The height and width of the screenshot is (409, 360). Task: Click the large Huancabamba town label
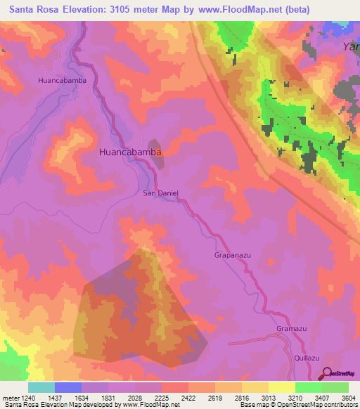coord(131,152)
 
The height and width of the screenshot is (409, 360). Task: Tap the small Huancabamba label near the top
coord(62,80)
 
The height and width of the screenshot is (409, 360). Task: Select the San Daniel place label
coord(161,193)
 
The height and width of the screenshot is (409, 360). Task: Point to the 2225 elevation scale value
coord(174,398)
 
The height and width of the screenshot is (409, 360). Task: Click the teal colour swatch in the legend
coord(41,387)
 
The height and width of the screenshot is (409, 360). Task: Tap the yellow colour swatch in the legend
coord(281,387)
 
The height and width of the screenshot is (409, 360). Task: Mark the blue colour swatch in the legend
coord(68,387)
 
